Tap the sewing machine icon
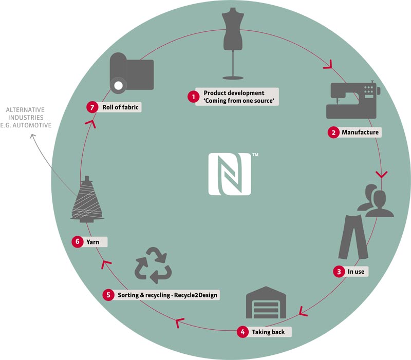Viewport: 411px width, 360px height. coord(353,100)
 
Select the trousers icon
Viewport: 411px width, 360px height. coord(353,237)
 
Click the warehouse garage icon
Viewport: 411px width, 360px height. coord(266,302)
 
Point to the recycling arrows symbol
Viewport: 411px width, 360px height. coord(153,265)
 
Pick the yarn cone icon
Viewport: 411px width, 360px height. coord(87,200)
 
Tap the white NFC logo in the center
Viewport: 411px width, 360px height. coord(230,174)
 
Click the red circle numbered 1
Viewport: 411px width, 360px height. coord(194,97)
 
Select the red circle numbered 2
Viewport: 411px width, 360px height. coord(333,132)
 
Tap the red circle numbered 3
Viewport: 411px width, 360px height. coord(339,272)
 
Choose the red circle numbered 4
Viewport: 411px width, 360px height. coord(242,332)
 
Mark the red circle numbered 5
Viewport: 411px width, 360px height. coord(108,295)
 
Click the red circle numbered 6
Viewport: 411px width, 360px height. coord(78,241)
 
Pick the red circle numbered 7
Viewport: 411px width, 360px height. coord(92,107)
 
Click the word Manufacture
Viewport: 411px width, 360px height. coord(360,132)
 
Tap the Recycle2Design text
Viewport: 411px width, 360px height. coord(196,295)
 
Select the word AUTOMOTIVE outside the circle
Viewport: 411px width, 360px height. coord(32,125)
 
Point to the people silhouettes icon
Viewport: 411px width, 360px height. coord(376,201)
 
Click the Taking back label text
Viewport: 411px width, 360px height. coord(268,332)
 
